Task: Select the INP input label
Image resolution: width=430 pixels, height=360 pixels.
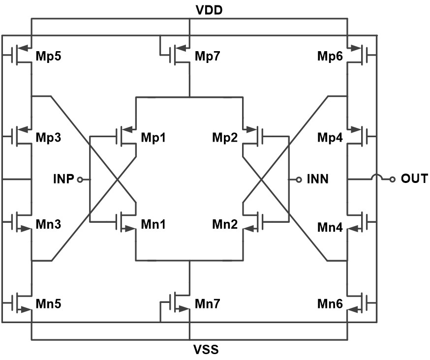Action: pos(64,180)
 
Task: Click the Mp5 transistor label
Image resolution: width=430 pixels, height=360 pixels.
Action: pos(48,57)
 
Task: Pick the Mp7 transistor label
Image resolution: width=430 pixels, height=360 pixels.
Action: pos(208,57)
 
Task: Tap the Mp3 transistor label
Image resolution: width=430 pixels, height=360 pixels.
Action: pos(48,137)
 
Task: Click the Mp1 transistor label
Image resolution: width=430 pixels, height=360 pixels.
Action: pos(154,137)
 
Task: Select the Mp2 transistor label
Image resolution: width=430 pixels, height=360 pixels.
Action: pos(225,137)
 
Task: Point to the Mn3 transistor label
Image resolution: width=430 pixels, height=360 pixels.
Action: pos(48,224)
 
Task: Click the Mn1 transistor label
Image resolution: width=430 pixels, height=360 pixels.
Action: pos(154,224)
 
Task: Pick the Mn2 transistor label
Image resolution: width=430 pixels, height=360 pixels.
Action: pos(225,224)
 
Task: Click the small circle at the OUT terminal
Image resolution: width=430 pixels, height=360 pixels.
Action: pos(392,180)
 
